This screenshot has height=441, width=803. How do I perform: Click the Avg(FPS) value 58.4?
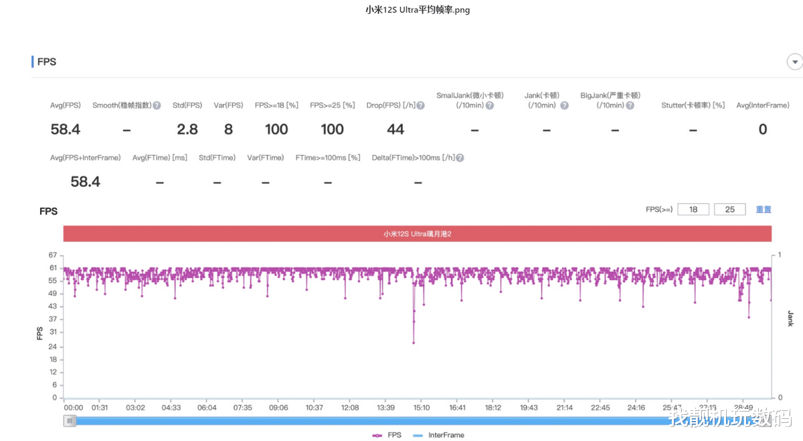point(66,130)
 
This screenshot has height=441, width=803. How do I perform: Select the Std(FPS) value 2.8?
point(187,130)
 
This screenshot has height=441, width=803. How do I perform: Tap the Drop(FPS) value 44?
point(395,130)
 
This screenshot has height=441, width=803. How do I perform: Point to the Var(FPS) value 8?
point(228,130)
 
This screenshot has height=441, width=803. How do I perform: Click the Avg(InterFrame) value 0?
point(762,130)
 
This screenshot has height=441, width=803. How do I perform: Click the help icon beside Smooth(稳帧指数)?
point(157,106)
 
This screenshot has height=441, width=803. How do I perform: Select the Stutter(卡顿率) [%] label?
point(693,106)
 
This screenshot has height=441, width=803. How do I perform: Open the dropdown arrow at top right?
point(795,62)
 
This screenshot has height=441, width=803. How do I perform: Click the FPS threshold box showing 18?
point(694,210)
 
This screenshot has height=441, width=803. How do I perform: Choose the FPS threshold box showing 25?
point(730,210)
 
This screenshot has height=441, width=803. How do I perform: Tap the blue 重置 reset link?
point(764,210)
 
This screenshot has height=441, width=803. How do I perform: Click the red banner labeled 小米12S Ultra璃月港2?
point(418,234)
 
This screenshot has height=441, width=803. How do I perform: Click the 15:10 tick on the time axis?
point(422,408)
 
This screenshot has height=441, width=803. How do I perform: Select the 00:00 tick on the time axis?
point(74,408)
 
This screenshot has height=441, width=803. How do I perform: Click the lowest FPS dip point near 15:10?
point(414,343)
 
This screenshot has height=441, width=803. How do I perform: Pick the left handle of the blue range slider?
point(70,420)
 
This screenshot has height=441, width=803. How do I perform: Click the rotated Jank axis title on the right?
point(790,319)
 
